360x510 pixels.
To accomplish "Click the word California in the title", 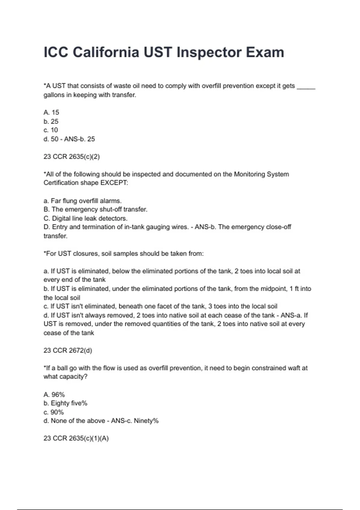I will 106,52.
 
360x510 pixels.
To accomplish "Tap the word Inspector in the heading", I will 209,52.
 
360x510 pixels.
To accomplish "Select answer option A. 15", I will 51,112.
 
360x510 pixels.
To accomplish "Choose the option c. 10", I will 51,130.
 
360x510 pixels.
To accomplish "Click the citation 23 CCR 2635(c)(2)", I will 71,157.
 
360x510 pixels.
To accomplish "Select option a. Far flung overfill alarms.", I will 82,201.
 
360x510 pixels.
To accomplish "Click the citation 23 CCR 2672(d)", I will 68,350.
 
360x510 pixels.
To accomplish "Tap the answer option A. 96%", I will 54,394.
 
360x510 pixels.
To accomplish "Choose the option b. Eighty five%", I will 65,403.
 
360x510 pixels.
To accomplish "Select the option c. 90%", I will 54,412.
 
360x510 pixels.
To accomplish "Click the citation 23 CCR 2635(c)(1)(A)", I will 76,438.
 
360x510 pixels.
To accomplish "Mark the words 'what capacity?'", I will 65,377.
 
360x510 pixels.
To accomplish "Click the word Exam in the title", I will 265,52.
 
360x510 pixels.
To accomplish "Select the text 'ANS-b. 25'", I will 79,139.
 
